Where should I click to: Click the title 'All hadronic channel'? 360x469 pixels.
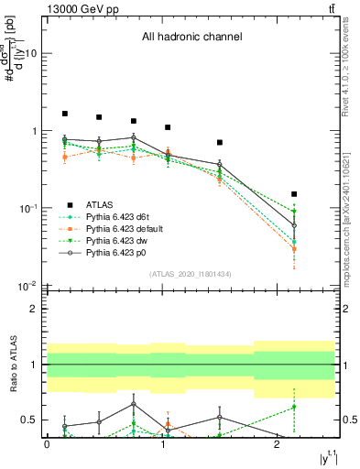[191, 38]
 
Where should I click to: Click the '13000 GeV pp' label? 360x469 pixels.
[77, 8]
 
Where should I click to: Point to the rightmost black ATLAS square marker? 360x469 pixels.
[294, 194]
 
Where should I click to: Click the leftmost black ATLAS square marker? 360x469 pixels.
[65, 114]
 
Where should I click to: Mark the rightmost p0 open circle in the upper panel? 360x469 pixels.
[294, 225]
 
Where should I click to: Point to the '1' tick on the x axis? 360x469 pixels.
[162, 443]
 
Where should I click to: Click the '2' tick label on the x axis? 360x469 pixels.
[277, 443]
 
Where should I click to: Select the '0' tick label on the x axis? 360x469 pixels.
[47, 443]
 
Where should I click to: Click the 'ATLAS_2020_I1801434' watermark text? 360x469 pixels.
[191, 274]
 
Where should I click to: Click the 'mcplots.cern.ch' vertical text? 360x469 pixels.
[345, 229]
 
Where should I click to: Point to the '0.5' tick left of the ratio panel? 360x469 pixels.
[30, 420]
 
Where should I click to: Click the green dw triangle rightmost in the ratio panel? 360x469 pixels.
[294, 407]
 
